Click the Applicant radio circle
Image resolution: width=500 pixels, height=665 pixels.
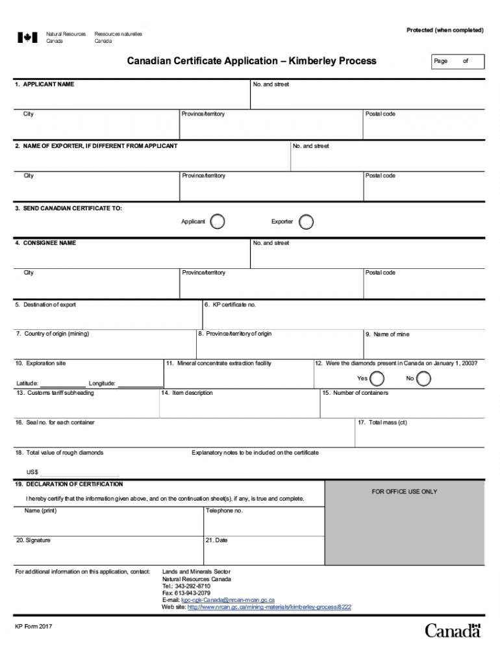(218, 222)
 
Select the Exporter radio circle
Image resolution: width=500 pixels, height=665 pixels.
(306, 222)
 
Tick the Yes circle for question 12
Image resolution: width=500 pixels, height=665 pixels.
(376, 379)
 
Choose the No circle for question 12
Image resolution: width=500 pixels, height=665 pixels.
(423, 379)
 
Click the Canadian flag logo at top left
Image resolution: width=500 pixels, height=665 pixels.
(27, 38)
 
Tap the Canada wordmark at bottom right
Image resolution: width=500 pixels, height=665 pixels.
(453, 630)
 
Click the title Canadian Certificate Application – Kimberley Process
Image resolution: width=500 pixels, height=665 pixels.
(251, 61)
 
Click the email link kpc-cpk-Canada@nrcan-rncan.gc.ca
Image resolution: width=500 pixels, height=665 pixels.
(227, 600)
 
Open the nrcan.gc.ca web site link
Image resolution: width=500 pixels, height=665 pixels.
(269, 607)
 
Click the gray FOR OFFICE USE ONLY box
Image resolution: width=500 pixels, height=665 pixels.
(404, 523)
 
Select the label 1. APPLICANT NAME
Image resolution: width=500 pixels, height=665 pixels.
(45, 84)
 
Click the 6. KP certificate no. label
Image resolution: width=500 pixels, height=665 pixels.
(230, 305)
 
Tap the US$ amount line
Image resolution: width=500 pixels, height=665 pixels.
(79, 473)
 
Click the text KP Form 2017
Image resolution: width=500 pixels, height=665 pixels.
(34, 626)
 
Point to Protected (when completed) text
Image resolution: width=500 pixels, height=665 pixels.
(444, 31)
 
